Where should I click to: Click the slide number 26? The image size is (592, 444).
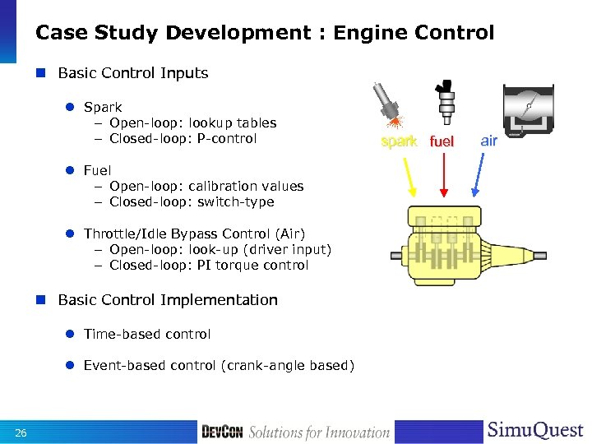[21, 433]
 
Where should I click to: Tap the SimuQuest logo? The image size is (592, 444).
[534, 431]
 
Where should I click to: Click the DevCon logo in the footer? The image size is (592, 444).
[222, 432]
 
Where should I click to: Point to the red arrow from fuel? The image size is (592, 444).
[444, 173]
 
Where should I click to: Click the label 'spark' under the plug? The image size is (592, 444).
[399, 141]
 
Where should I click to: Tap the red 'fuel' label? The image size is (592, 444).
[442, 141]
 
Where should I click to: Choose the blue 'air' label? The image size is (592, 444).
[489, 141]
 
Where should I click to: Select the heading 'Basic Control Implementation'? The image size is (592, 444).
[168, 300]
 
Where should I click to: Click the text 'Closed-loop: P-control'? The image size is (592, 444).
[183, 138]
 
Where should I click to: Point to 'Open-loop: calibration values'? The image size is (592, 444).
[206, 186]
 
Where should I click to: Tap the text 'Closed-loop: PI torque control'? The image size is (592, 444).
[209, 265]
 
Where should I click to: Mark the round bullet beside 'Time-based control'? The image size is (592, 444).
[71, 335]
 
